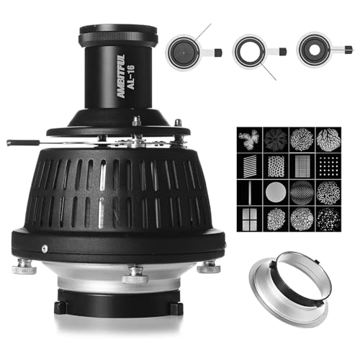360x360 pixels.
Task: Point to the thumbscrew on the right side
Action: click(208, 266)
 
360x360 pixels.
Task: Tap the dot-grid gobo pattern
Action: click(328, 165)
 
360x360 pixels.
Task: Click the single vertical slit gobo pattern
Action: click(249, 192)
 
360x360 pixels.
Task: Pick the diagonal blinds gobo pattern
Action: click(249, 165)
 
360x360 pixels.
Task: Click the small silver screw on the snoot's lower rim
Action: click(45, 248)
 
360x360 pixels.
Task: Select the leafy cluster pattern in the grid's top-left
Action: click(249, 139)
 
